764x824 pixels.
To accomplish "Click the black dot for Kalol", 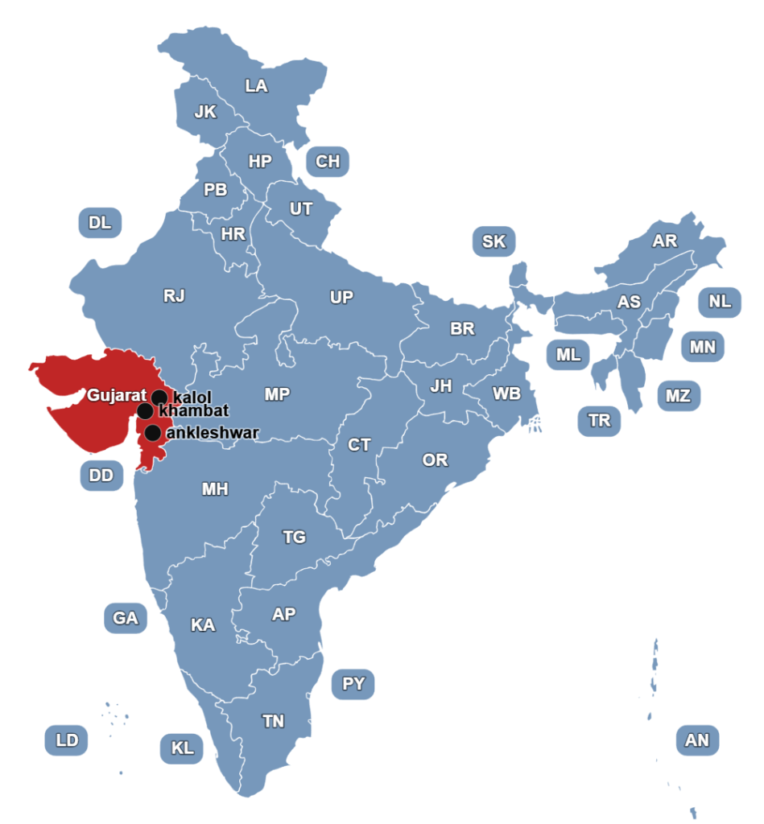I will point(159,397).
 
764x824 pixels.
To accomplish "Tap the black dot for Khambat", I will point(146,411).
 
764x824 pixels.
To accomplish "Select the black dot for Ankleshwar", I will point(152,433).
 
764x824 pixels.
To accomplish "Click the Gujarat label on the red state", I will point(117,395).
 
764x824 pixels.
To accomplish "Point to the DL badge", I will point(101,223).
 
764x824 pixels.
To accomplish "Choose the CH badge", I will point(328,162).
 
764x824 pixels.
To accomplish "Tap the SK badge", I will point(494,241).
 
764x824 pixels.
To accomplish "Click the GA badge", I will point(126,618).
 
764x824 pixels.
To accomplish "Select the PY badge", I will point(353,684).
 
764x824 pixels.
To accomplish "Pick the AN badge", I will point(697,740).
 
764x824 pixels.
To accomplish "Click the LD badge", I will point(67,740).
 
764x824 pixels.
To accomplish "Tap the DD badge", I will point(101,476).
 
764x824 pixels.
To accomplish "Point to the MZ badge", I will point(678,396).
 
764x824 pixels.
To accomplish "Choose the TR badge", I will point(600,420).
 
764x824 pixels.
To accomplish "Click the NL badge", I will point(721,302).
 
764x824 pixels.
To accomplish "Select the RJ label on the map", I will point(175,296).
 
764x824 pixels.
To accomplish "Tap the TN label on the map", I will point(274,721).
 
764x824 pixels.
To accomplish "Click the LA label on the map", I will point(257,86).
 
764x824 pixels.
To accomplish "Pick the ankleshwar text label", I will point(213,433).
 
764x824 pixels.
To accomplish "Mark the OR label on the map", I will point(436,460).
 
